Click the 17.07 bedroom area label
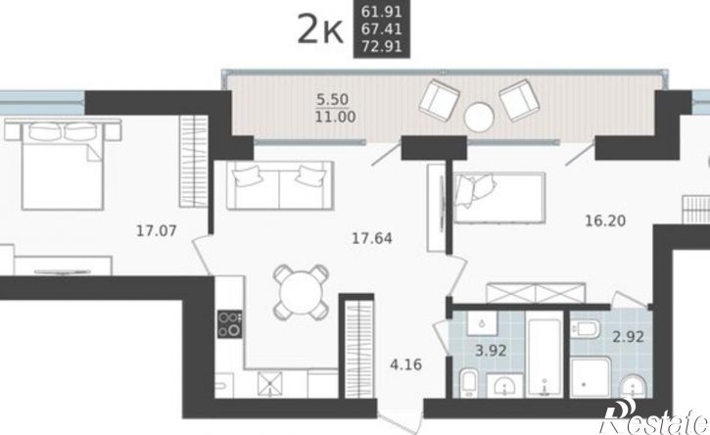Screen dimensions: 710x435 pos(157,231)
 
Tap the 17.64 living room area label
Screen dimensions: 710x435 pos(372,238)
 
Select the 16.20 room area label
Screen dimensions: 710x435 pos(605,220)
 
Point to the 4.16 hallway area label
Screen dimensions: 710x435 pos(405,363)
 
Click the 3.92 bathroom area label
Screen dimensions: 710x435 pos(491,351)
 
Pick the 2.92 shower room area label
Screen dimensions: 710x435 pos(628,337)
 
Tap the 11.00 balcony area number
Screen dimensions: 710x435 pos(336,117)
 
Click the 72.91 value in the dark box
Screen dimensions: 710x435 pos(382,46)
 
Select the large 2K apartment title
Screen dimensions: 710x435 pos(320,30)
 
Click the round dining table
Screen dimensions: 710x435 pos(301,291)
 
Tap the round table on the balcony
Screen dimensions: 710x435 pos(479,117)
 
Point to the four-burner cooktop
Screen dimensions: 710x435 pos(229,324)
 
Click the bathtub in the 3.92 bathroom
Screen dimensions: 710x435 pos(544,355)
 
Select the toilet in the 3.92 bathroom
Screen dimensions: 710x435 pos(469,383)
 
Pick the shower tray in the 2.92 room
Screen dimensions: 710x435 pos(591,377)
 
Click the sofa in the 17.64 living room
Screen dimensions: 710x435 pos(280,185)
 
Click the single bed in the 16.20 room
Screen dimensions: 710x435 pos(499,198)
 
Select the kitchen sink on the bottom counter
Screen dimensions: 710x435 pos(270,384)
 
